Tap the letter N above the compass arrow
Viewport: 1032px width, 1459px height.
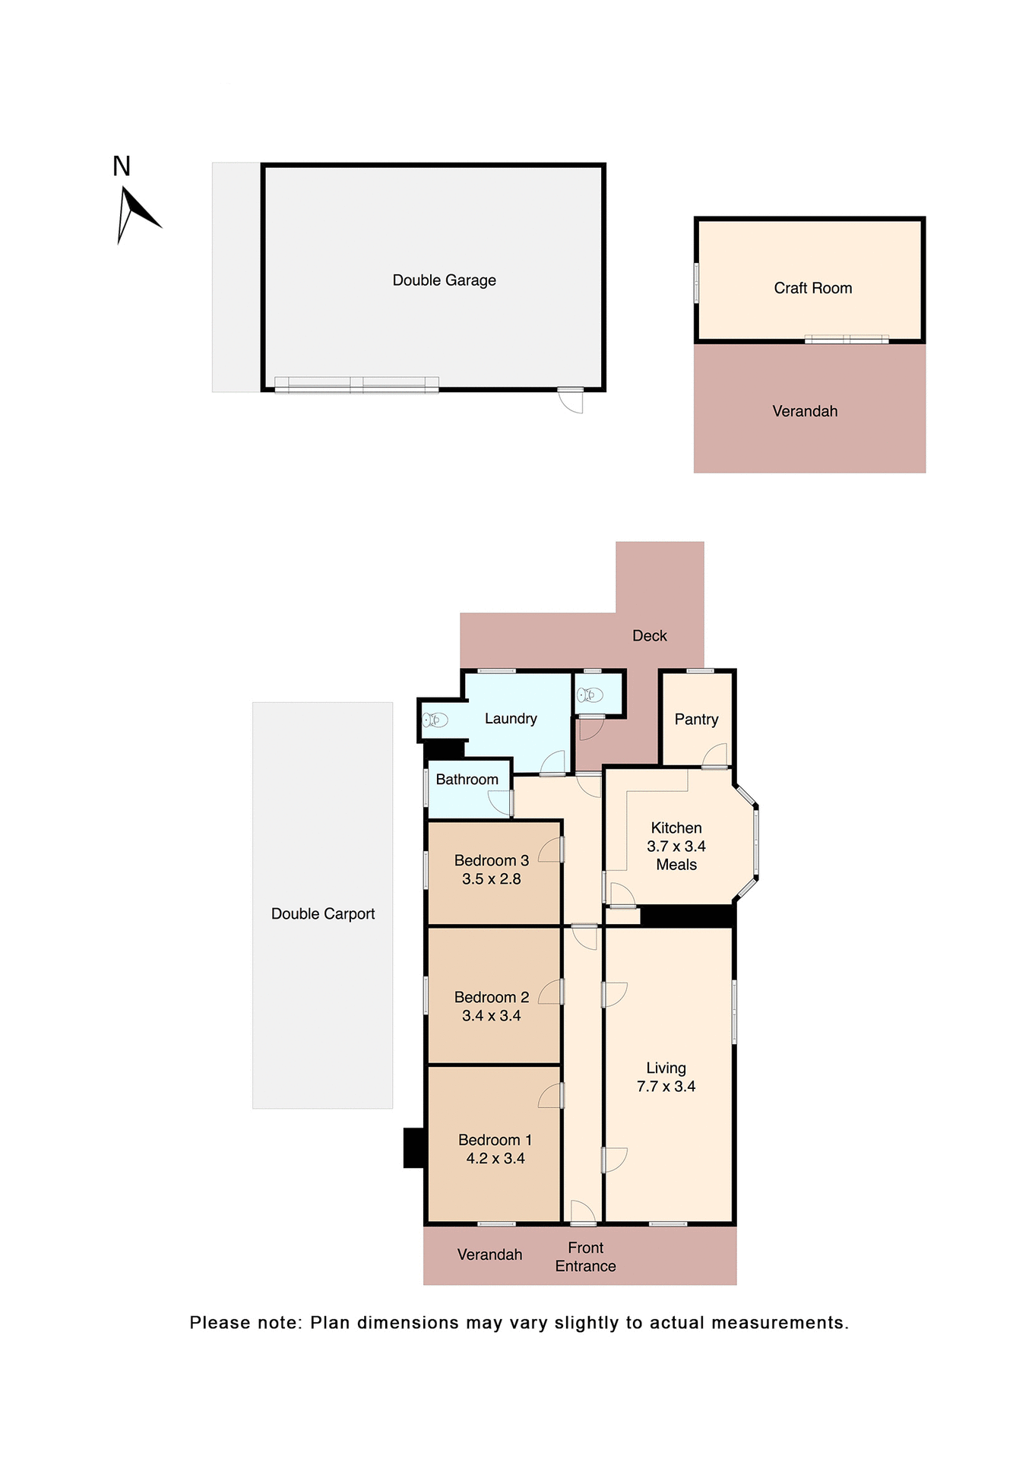pyautogui.click(x=122, y=166)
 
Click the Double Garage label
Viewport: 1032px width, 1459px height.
pyautogui.click(x=444, y=280)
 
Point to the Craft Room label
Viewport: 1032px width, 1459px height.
pyautogui.click(x=812, y=288)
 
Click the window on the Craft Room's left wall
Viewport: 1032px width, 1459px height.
pyautogui.click(x=696, y=283)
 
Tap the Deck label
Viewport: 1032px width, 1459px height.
pyautogui.click(x=649, y=636)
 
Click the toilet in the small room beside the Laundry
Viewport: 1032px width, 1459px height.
pyautogui.click(x=590, y=695)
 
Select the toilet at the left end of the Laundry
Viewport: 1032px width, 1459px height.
pyautogui.click(x=435, y=719)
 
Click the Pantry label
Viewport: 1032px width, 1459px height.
pyautogui.click(x=696, y=720)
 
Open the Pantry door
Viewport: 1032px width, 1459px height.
pyautogui.click(x=715, y=757)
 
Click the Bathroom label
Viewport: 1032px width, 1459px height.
pyautogui.click(x=467, y=780)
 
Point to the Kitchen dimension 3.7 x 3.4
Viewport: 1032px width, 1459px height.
pyautogui.click(x=676, y=847)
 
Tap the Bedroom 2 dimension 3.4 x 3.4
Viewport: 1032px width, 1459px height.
pyautogui.click(x=491, y=1016)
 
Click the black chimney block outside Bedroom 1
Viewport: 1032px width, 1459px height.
pyautogui.click(x=413, y=1147)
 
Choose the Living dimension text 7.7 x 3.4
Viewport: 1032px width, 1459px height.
pyautogui.click(x=666, y=1087)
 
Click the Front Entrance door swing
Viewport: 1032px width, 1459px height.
pyautogui.click(x=583, y=1212)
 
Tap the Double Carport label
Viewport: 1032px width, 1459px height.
pyautogui.click(x=323, y=914)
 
